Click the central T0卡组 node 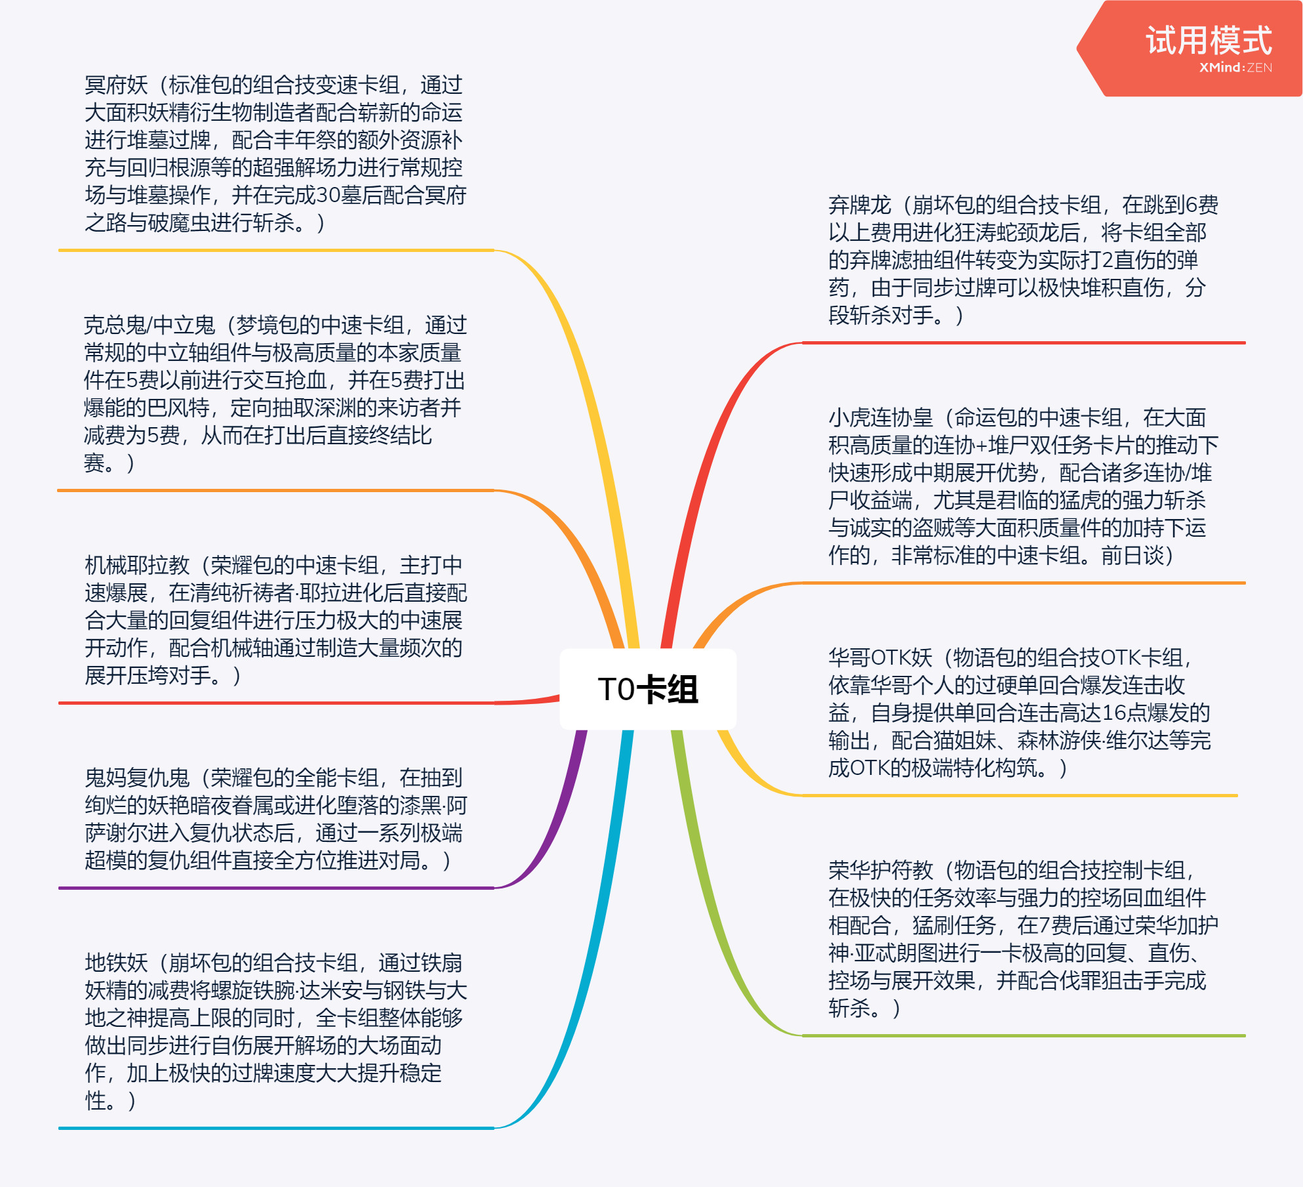[x=648, y=689]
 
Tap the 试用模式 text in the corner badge [x=1209, y=41]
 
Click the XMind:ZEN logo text [x=1235, y=68]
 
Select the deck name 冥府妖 [x=116, y=85]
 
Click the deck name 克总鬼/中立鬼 [x=150, y=325]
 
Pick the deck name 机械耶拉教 [x=137, y=566]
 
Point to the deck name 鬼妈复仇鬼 [x=137, y=778]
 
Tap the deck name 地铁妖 [x=116, y=963]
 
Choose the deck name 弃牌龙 [x=860, y=205]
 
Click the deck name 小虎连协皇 [x=881, y=418]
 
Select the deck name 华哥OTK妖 [x=880, y=658]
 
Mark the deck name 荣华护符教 [x=881, y=871]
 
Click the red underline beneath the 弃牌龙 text [x=1024, y=343]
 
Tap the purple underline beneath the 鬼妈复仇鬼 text [x=276, y=888]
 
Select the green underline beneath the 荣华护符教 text [x=1024, y=1035]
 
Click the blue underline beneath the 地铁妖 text [x=276, y=1128]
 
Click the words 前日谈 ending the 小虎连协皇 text [x=1133, y=556]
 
